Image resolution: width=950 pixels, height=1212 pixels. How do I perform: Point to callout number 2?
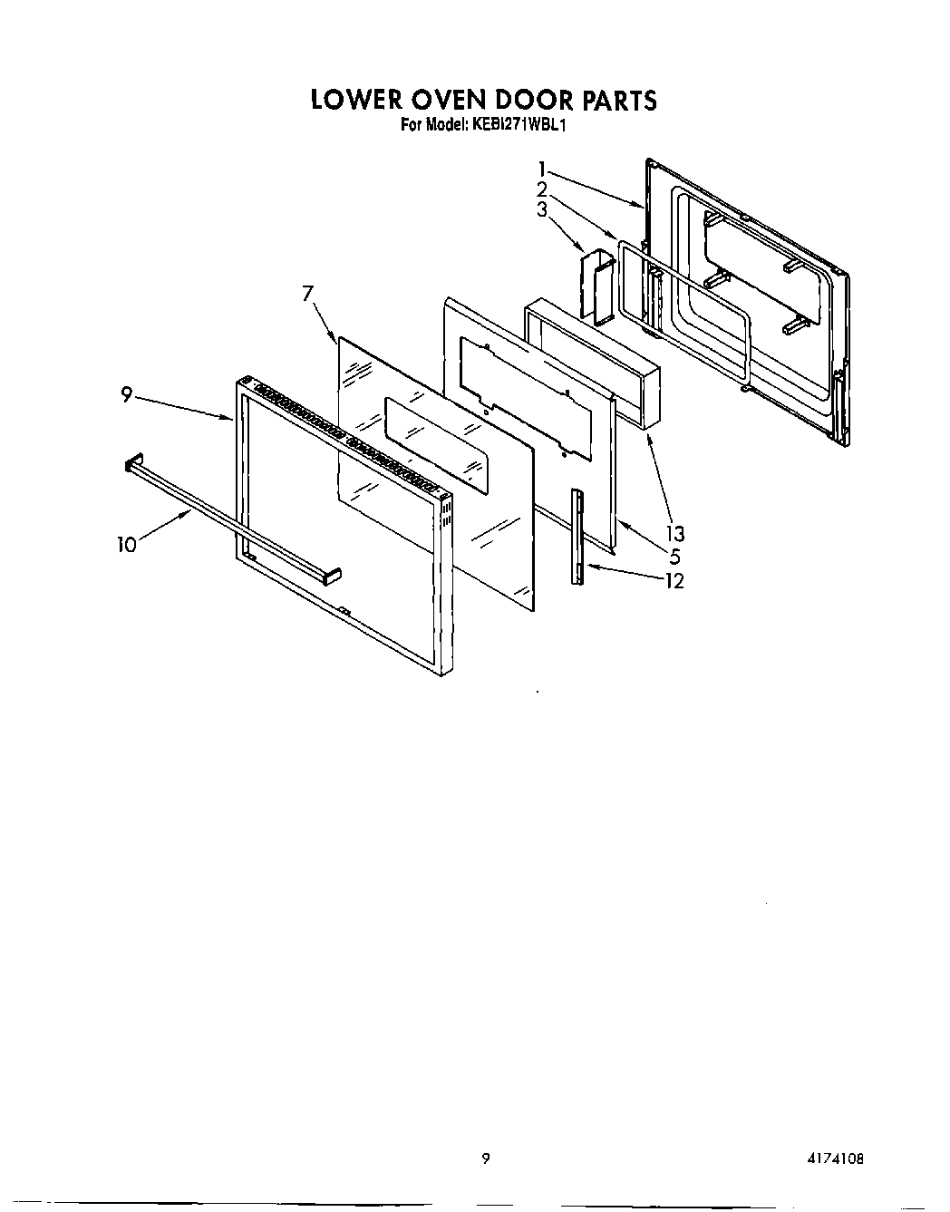(x=541, y=189)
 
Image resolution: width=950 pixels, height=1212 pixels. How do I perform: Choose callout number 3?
(x=541, y=210)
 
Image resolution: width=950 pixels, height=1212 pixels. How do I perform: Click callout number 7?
(x=307, y=292)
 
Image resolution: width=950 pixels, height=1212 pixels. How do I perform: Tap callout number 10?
(x=126, y=544)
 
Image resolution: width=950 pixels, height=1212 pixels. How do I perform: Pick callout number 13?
(x=675, y=533)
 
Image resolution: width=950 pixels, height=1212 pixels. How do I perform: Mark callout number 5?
(x=674, y=556)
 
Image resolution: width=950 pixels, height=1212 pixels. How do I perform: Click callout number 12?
(x=674, y=580)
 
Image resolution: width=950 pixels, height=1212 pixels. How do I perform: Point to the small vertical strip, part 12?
(x=576, y=537)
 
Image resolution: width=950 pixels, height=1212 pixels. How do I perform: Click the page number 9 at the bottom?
(x=486, y=1157)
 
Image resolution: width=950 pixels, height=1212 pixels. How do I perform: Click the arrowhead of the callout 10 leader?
(x=191, y=511)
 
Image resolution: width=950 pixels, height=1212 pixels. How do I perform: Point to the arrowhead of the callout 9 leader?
(x=233, y=419)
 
